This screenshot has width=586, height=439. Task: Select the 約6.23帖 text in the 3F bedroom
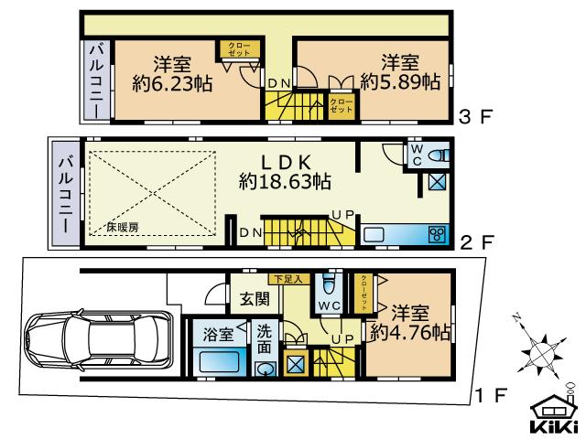172,83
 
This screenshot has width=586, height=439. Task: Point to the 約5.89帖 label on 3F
400,81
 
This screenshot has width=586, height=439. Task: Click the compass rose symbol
539,351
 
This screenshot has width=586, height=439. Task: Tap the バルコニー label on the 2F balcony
66,192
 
